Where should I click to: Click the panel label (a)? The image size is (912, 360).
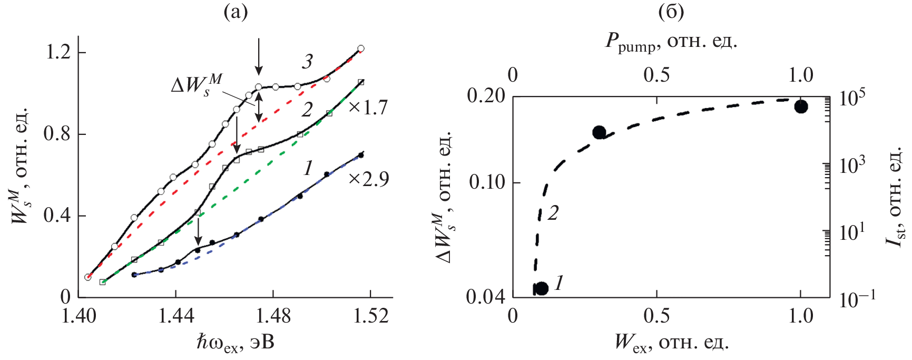[x=235, y=12]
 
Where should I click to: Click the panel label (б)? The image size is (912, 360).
[x=671, y=12]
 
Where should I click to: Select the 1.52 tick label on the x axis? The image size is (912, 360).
[x=371, y=315]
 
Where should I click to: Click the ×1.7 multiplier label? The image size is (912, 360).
[x=368, y=108]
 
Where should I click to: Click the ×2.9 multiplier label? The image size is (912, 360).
[x=368, y=179]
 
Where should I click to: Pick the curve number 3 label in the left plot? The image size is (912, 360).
[x=307, y=62]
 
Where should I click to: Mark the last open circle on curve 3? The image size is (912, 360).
[x=361, y=48]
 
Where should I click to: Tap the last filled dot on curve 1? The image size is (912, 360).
[x=361, y=155]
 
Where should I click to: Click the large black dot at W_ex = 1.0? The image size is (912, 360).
[x=801, y=106]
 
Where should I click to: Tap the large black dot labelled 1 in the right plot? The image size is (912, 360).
[x=541, y=288]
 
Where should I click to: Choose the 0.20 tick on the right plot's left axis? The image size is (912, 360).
[x=486, y=96]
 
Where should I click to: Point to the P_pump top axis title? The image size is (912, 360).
[x=671, y=42]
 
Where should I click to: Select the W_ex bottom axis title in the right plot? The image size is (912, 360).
[x=672, y=344]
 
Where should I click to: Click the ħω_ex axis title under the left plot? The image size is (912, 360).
[x=235, y=344]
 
